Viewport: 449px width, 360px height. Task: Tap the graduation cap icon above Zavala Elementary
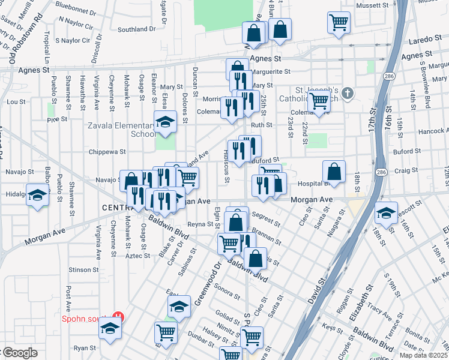coord(165,122)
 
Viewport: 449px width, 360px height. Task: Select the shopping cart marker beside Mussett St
coord(339,23)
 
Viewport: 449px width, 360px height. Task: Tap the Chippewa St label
coord(107,152)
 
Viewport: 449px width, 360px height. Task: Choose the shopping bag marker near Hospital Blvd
coord(334,172)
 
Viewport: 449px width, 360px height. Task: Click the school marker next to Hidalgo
coord(38,196)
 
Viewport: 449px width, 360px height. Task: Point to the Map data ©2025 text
coord(423,355)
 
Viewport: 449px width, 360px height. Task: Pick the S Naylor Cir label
coord(72,41)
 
